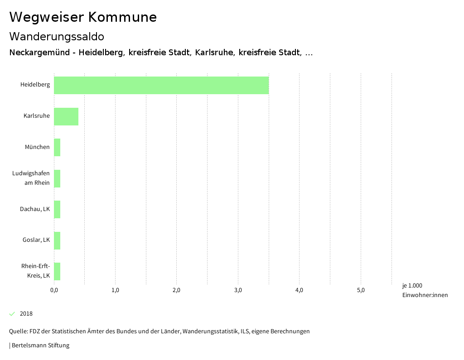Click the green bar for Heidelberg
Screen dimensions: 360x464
161,85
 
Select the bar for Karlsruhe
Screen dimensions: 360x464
66,116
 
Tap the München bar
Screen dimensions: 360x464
57,147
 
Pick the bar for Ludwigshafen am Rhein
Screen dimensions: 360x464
57,178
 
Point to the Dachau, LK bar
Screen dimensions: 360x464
57,209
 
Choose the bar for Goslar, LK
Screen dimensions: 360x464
57,240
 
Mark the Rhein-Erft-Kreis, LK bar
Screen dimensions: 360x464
57,271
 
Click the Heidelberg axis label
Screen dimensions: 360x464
35,85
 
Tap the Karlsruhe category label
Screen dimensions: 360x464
37,116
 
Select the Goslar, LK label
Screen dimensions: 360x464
36,240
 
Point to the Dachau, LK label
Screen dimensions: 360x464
35,209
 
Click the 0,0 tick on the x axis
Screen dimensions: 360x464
54,290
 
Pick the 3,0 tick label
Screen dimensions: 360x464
238,290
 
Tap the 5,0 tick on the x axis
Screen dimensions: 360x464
361,290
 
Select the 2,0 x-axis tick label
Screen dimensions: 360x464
177,290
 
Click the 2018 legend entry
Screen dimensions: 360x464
26,314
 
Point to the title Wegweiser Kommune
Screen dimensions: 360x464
83,17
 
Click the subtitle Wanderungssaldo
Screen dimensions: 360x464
57,36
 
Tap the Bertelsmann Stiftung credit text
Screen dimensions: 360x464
40,346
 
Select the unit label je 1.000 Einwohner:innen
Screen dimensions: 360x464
425,290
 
